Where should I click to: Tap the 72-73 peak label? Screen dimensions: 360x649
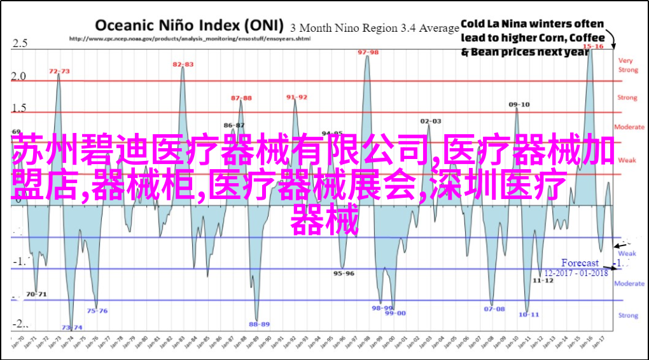pos(59,71)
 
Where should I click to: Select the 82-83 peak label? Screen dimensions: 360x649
pos(183,64)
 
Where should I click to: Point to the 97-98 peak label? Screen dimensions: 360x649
pos(368,52)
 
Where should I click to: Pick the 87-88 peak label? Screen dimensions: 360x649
pos(241,98)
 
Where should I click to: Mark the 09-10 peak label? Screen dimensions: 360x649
pos(519,104)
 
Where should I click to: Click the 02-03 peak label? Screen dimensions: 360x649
pos(431,120)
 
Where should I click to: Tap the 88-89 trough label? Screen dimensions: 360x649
pos(259,324)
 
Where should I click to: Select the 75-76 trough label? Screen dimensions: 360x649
pos(97,310)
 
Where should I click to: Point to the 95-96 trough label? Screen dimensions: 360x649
pos(344,273)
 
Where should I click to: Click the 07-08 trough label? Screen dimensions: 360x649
pos(494,309)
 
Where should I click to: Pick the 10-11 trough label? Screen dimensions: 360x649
pos(529,314)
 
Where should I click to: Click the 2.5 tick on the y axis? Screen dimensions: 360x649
pos(20,43)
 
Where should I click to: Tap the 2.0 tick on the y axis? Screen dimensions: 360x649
pos(20,76)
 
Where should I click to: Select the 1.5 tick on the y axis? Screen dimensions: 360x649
pos(20,107)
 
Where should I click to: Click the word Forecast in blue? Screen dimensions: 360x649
pos(580,263)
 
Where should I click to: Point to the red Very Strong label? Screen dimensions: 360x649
pos(627,65)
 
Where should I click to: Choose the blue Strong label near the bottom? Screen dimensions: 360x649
pos(627,315)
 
